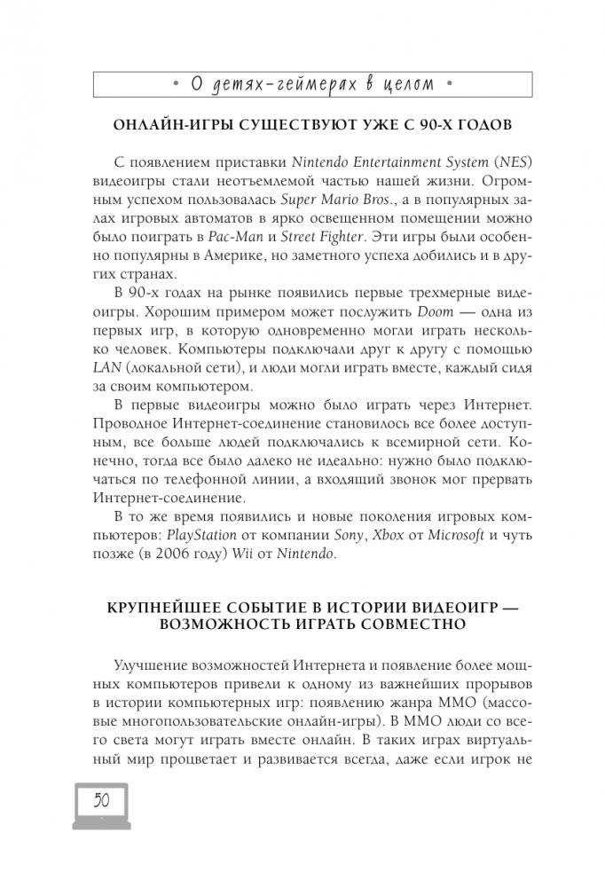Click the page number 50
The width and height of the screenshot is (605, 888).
pyautogui.click(x=101, y=800)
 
